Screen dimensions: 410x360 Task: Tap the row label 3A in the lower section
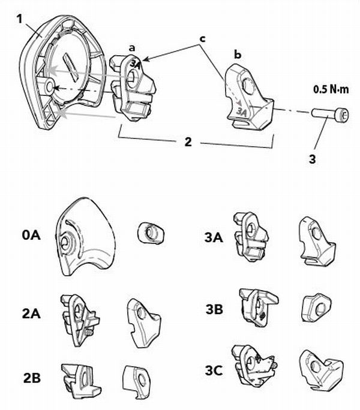214,237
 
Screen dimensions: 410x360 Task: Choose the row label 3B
214,310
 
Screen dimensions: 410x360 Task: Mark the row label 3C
214,370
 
